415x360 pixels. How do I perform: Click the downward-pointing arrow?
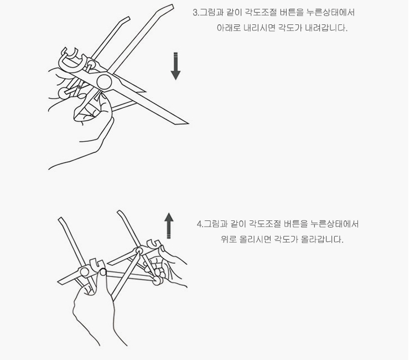[x=175, y=66]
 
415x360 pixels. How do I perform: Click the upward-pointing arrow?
[x=169, y=225]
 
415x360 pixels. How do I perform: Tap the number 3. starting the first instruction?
[x=196, y=12]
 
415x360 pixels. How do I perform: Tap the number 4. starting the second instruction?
[x=200, y=224]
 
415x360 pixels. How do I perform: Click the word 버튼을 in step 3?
[x=292, y=12]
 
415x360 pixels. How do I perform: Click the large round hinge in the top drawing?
[x=104, y=82]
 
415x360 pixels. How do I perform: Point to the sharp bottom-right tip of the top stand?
[x=188, y=123]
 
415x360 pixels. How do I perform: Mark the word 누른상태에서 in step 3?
[x=331, y=12]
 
